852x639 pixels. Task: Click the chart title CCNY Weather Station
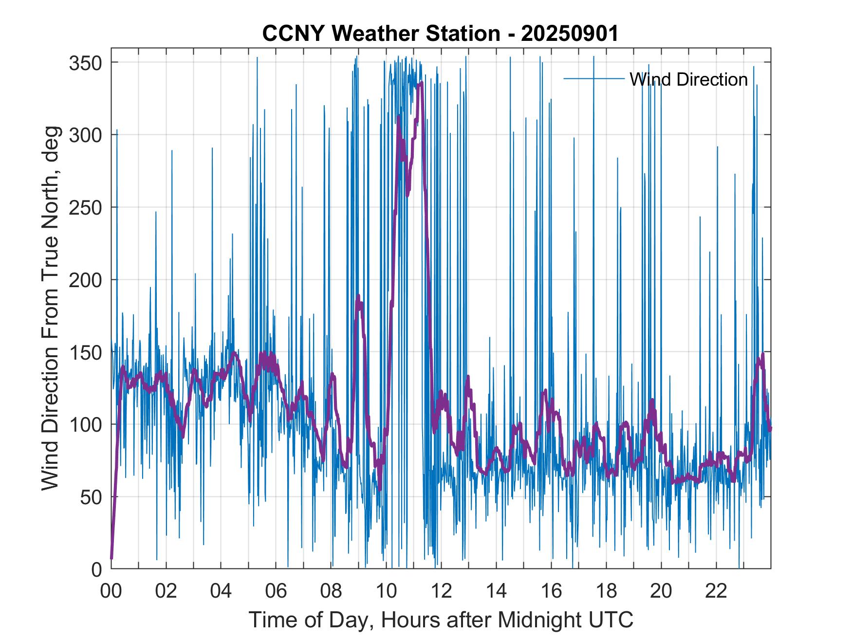click(x=381, y=34)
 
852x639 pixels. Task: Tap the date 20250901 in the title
click(x=570, y=34)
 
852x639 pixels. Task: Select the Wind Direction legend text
click(x=688, y=79)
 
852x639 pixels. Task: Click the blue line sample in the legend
click(x=594, y=79)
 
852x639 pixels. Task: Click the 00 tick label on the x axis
click(x=111, y=591)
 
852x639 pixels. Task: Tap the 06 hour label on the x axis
click(x=276, y=591)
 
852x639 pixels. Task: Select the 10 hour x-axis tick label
click(x=386, y=591)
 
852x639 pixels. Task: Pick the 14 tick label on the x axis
click(x=496, y=591)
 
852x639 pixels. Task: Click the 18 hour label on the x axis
click(x=606, y=591)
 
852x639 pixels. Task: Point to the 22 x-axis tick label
click(x=716, y=591)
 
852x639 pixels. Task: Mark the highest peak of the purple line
click(x=421, y=83)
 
